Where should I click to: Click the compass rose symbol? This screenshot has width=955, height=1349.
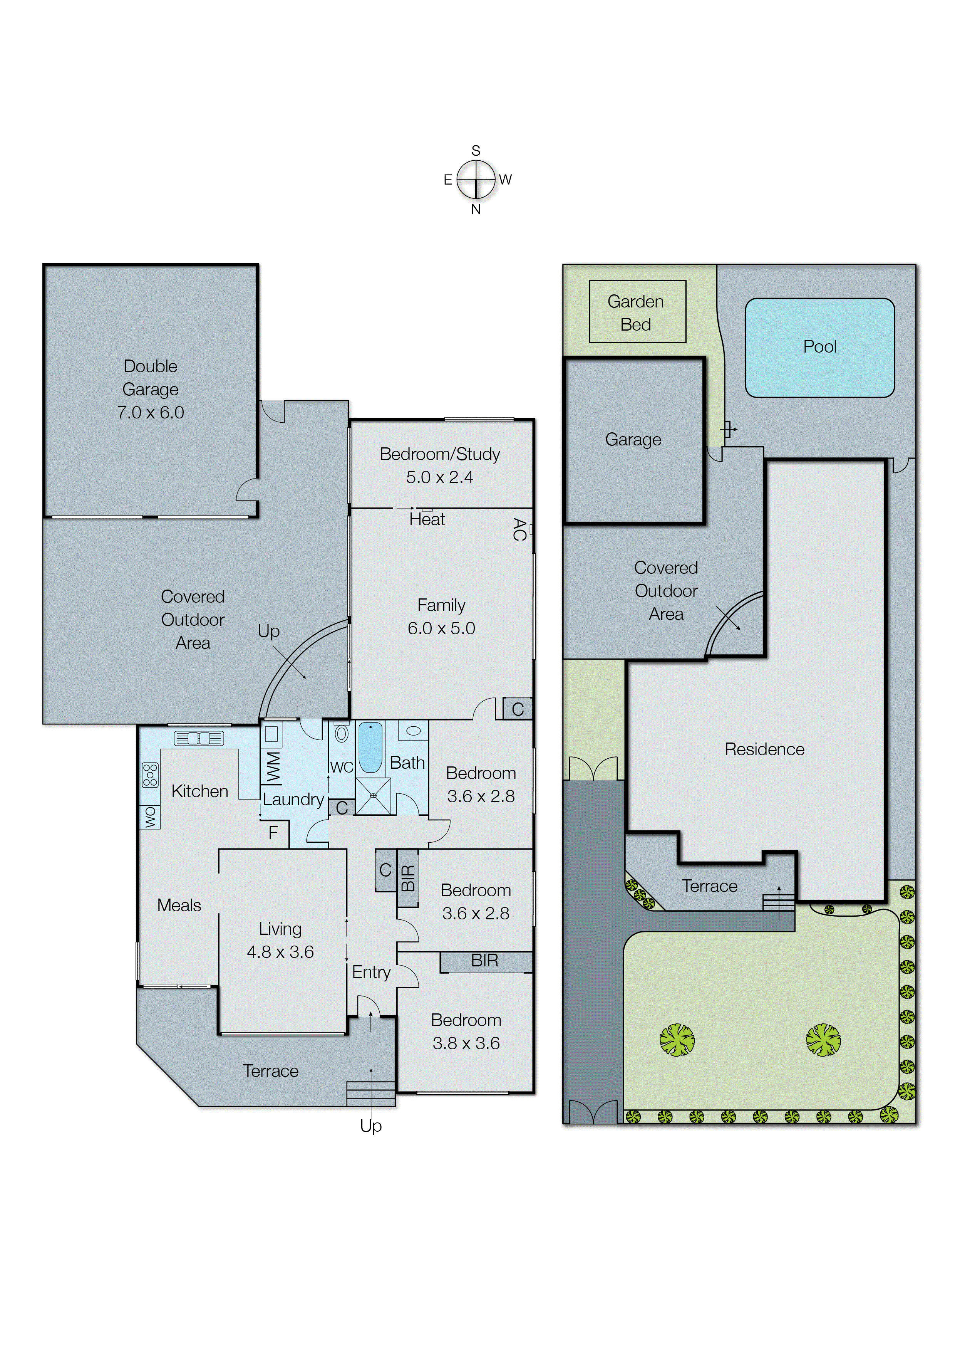[476, 180]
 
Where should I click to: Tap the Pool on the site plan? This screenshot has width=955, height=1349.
[820, 348]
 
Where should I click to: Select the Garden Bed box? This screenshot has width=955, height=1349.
[637, 312]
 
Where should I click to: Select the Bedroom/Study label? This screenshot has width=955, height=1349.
[440, 454]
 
